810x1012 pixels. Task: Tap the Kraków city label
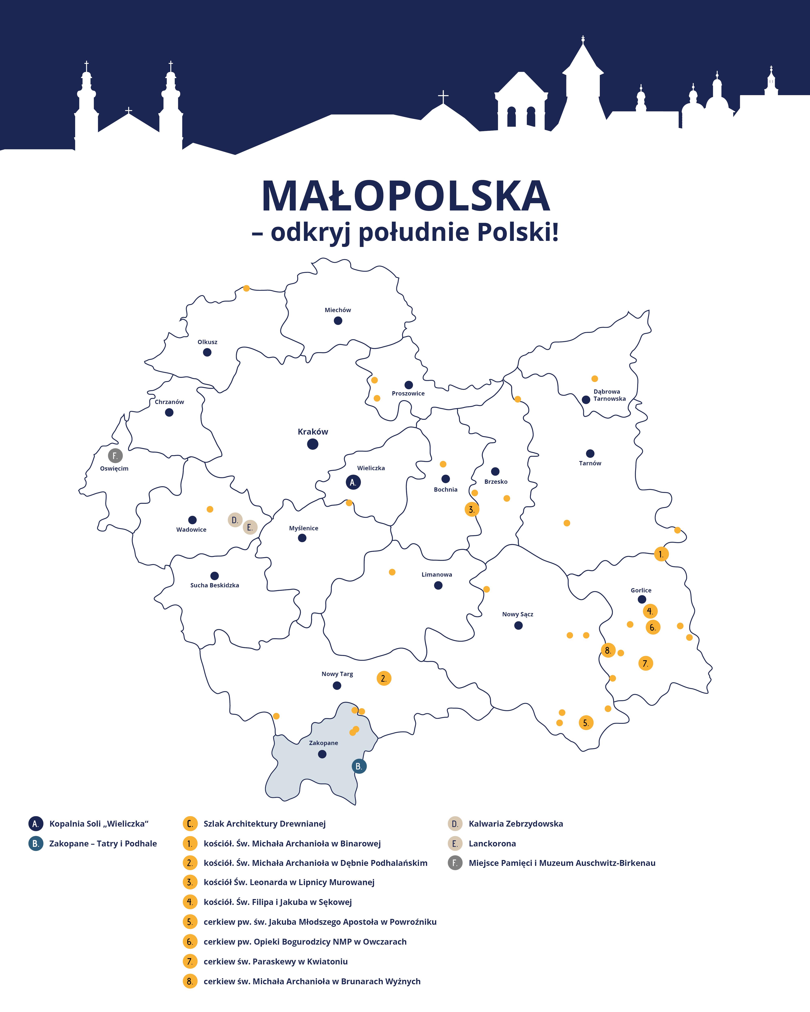point(313,431)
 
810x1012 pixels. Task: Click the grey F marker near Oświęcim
point(115,455)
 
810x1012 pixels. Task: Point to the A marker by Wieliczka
point(353,482)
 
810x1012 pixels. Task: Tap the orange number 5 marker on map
point(586,722)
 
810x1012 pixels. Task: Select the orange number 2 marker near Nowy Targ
point(384,678)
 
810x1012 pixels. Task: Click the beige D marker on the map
point(235,520)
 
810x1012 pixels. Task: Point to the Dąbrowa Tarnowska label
point(609,395)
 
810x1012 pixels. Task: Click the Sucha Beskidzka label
point(215,585)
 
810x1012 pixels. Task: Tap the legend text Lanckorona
point(492,843)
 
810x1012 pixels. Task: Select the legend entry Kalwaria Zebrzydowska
point(516,823)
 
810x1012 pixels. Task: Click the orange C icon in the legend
point(190,823)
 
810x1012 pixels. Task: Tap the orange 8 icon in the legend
point(190,981)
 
